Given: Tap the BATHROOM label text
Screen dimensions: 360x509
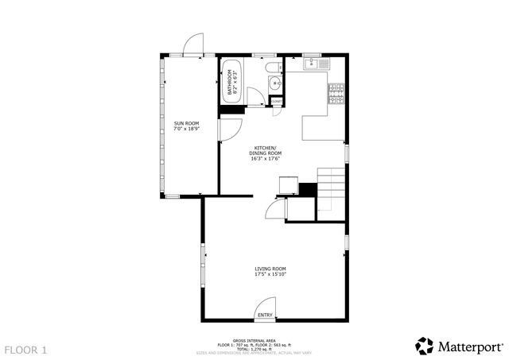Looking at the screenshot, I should [x=230, y=83].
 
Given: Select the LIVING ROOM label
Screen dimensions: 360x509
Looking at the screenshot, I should [x=270, y=269].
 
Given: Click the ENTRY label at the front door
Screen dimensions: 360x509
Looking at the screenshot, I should [x=265, y=315].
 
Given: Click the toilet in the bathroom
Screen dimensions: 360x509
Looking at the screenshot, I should [x=271, y=67].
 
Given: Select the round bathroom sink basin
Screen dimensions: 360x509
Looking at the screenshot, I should [x=275, y=83].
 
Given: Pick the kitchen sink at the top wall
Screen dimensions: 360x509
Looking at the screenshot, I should [x=312, y=63].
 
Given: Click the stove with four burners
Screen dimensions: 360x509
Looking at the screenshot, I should [x=336, y=94].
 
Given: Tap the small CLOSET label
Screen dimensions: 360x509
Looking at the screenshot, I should [x=276, y=102].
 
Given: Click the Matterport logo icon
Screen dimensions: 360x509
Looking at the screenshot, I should [x=425, y=346].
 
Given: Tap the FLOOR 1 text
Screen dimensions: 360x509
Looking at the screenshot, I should [x=26, y=349].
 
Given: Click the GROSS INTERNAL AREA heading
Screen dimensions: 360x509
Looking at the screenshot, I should [x=255, y=339].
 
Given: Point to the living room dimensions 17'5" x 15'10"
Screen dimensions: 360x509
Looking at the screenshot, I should [x=270, y=276].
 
